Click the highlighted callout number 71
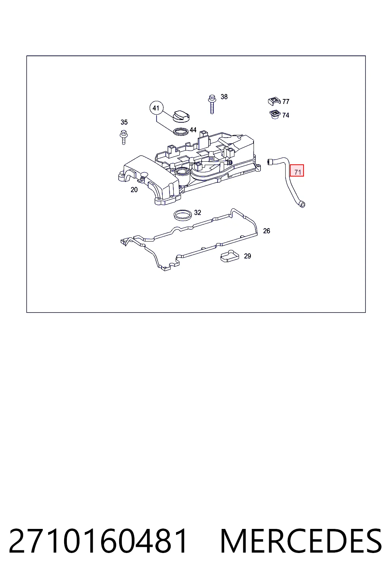(x=297, y=170)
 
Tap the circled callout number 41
(x=156, y=108)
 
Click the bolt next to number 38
(x=212, y=104)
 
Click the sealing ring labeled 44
(x=181, y=131)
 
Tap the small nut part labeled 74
(x=275, y=115)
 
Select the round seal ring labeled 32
(x=183, y=215)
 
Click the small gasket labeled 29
(x=230, y=256)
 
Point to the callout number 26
(x=267, y=231)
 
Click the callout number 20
(x=134, y=190)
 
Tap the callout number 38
(x=224, y=97)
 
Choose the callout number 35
(x=124, y=122)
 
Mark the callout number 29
(x=247, y=256)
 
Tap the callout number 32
(x=197, y=212)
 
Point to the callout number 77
(x=286, y=101)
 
